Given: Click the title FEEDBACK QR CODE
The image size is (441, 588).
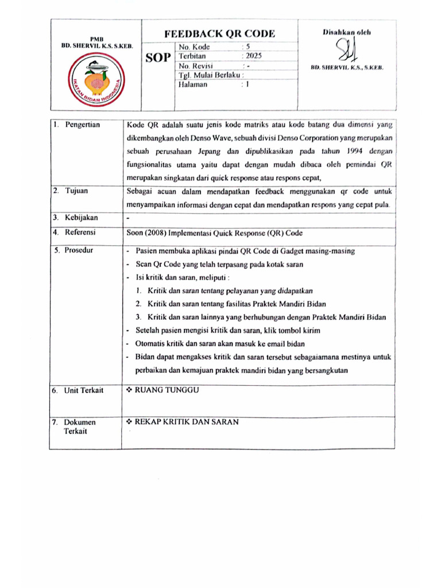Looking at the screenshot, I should tap(219, 34).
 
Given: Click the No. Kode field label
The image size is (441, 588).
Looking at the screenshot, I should tap(195, 47).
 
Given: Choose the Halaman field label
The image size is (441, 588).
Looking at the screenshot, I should tap(193, 84).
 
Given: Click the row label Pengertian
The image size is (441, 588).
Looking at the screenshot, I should tap(83, 125).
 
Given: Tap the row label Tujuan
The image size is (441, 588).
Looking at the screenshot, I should tap(76, 191).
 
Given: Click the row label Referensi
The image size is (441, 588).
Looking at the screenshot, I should tap(80, 233).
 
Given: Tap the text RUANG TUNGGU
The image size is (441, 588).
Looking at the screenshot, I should tap(166, 390).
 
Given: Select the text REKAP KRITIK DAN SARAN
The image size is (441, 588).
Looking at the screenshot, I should tap(186, 422).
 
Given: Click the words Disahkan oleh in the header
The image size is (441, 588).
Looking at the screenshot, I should tap(347, 32).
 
